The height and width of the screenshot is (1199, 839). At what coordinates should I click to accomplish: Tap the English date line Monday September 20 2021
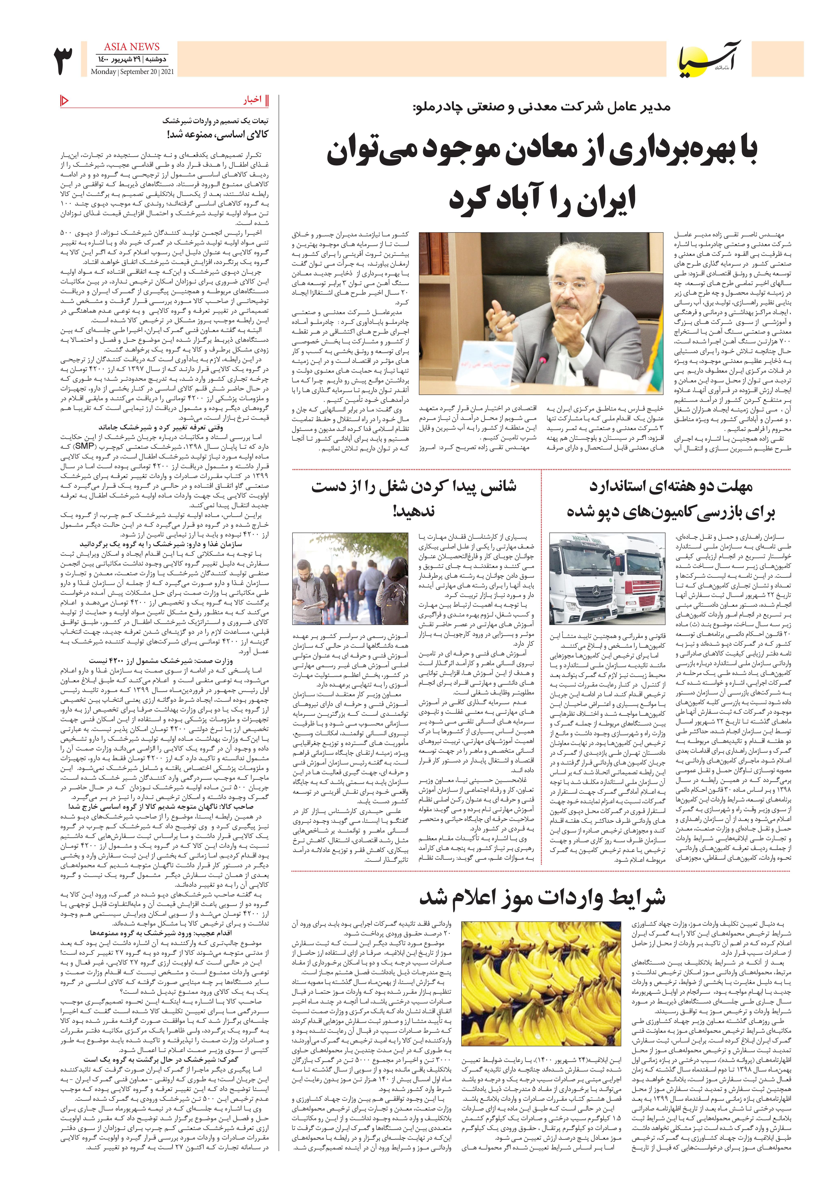(132, 72)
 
